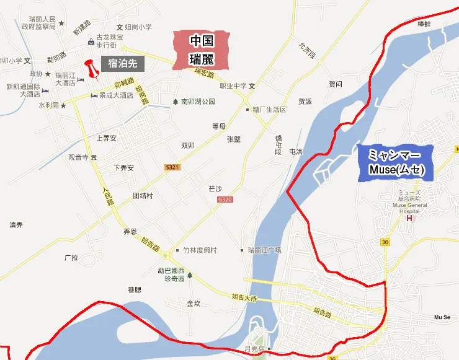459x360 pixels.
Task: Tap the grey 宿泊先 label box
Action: (x=127, y=63)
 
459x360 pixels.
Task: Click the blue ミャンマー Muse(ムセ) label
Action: (x=394, y=163)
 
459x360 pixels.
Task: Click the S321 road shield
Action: (x=172, y=167)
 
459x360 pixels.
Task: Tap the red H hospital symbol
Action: (x=408, y=217)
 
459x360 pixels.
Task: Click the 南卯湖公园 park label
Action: (x=197, y=101)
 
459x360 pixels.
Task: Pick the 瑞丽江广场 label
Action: (x=264, y=250)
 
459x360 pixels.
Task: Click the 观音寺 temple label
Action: (x=79, y=157)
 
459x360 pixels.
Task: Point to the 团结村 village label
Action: (x=143, y=195)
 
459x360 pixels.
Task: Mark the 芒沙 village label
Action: (x=215, y=186)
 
